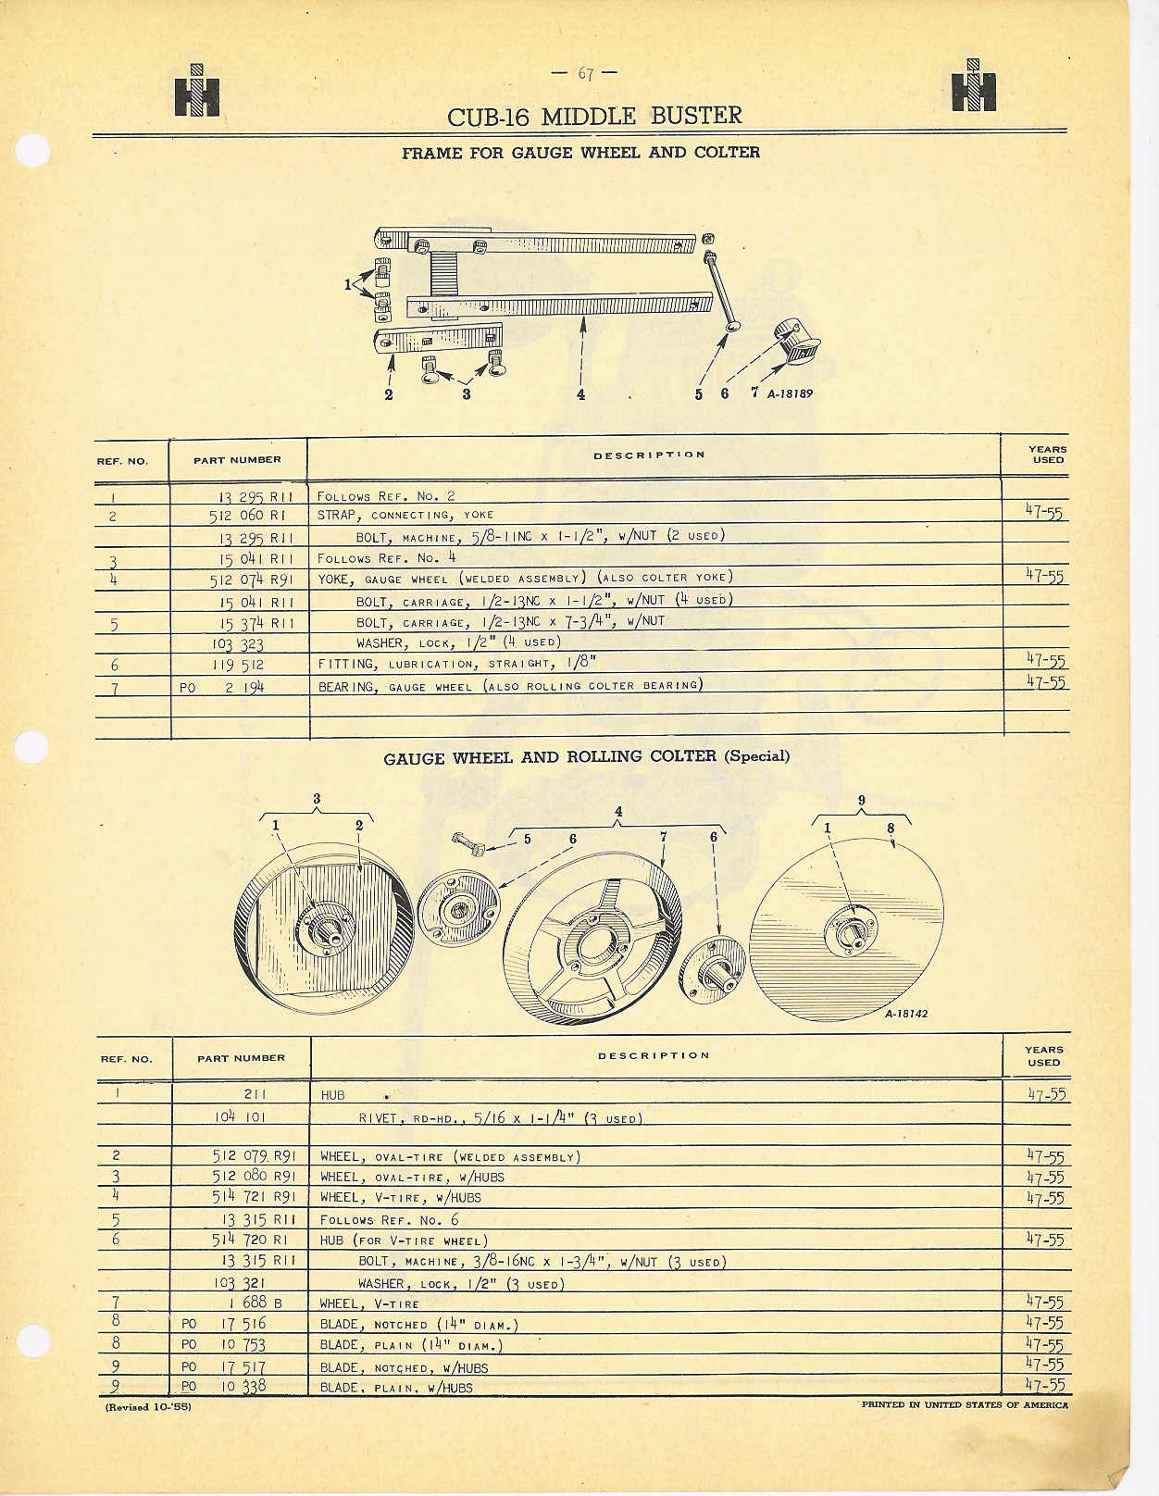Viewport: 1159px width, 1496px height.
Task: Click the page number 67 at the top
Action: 584,74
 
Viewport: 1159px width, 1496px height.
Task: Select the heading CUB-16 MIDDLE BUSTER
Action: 594,117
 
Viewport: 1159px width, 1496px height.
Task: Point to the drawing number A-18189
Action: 790,393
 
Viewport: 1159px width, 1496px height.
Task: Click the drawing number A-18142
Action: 905,1014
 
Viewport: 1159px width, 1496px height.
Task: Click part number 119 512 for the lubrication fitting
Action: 239,665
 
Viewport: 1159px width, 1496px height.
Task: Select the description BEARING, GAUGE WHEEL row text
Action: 510,686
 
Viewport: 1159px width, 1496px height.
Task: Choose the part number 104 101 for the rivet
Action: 239,1116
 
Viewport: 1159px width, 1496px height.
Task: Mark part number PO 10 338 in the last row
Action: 225,1386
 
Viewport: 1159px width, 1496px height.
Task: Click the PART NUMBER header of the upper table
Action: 237,460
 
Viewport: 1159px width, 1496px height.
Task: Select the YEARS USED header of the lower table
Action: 1043,1056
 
